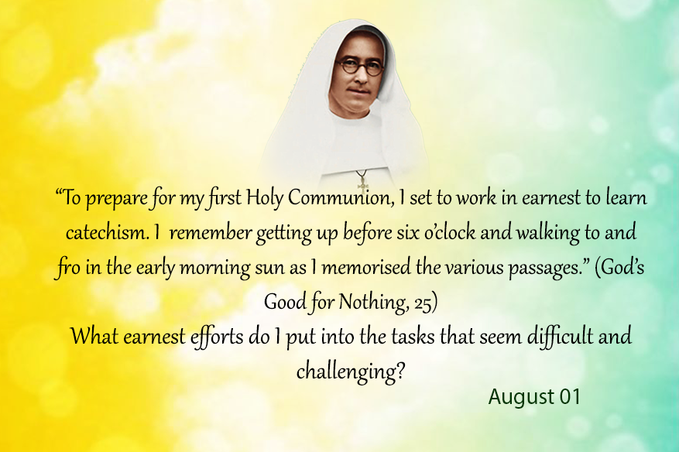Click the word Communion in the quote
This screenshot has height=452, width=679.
(341, 197)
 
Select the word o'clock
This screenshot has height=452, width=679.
(450, 232)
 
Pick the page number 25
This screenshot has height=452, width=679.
(423, 303)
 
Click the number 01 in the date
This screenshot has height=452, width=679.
(570, 397)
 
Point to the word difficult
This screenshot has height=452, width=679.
(560, 337)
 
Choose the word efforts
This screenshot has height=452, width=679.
(217, 337)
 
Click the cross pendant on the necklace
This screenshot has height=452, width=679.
(363, 183)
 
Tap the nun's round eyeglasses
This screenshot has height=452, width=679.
(360, 67)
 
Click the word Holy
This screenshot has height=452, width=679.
(265, 198)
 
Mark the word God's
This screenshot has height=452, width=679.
(619, 267)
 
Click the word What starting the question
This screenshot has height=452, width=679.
(94, 337)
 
